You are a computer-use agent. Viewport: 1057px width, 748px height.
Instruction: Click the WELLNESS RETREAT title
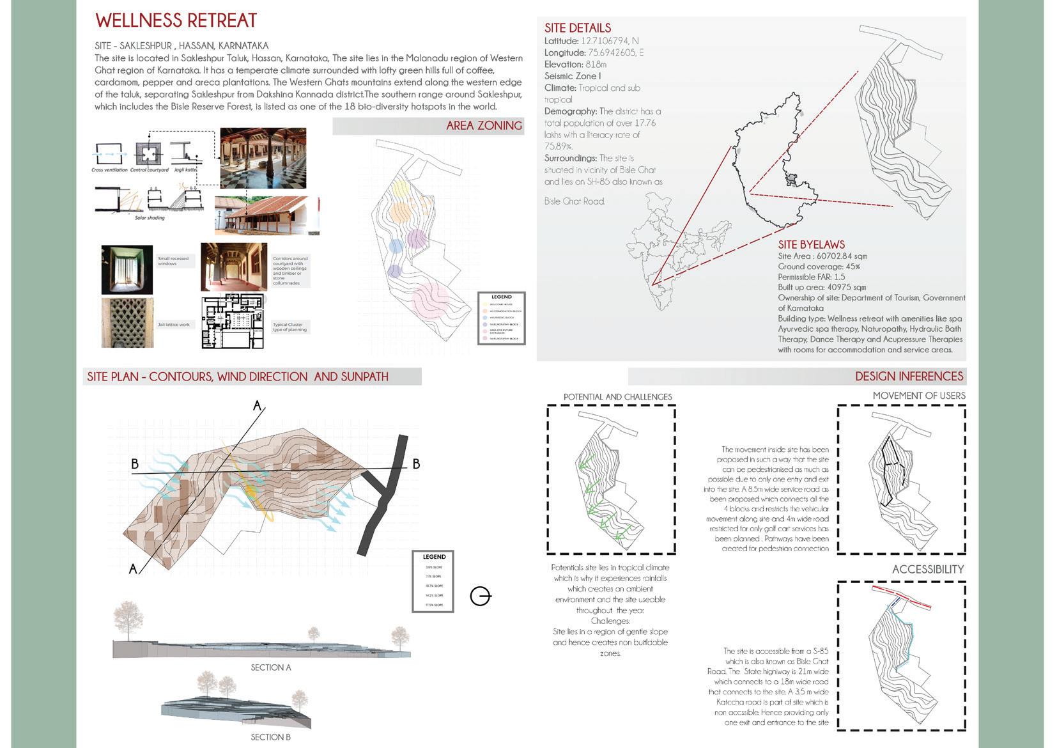click(x=176, y=20)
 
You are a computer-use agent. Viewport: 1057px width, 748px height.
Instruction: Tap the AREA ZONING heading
click(x=484, y=126)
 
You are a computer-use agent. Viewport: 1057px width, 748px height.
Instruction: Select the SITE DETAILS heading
click(x=577, y=28)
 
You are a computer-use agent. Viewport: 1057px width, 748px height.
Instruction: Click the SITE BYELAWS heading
click(x=811, y=245)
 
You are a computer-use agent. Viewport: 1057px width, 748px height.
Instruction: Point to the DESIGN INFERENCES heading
click(x=909, y=377)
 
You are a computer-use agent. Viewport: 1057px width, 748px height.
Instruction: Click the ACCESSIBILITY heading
click(x=927, y=570)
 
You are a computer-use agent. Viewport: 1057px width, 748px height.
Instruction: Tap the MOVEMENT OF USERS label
click(x=918, y=396)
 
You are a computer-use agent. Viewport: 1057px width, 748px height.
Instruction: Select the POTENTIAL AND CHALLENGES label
click(x=617, y=397)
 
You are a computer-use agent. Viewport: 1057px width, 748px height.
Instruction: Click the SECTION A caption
click(x=271, y=667)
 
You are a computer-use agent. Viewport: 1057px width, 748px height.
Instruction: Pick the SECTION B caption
click(x=271, y=737)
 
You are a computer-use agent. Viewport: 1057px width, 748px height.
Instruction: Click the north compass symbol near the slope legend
click(x=480, y=596)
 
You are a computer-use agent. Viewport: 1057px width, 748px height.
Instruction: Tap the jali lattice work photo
click(x=127, y=323)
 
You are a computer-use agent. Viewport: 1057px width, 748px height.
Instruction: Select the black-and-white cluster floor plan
click(x=233, y=322)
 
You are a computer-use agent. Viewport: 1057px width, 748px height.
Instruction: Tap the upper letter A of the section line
click(x=258, y=405)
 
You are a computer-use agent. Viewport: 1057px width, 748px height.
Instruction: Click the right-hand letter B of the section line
click(x=416, y=464)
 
